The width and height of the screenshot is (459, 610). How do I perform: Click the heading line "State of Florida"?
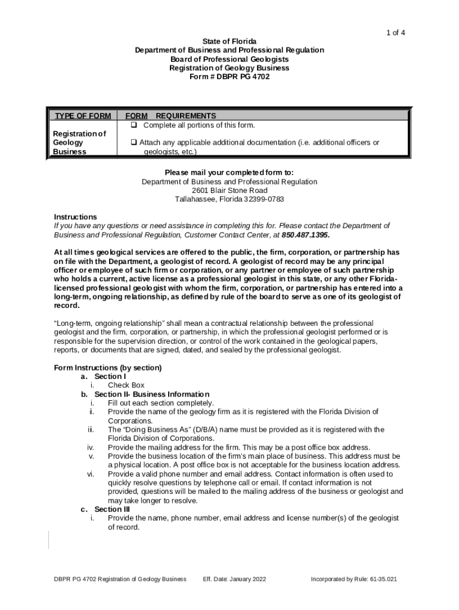pos(229,41)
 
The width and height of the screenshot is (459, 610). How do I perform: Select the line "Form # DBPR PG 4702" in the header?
pos(229,77)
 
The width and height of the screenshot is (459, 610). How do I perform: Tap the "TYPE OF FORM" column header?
pos(83,116)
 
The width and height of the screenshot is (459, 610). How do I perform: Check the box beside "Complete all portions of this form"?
pos(134,125)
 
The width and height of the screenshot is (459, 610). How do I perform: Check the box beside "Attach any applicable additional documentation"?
pos(134,143)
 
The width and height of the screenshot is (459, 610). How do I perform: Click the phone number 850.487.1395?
pos(305,235)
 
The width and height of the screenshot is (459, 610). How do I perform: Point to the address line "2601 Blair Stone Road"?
pos(229,191)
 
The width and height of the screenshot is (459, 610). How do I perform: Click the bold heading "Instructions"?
pos(75,217)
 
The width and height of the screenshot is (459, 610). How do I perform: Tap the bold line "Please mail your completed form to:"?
pos(229,173)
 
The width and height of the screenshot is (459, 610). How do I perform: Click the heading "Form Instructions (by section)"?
pos(108,368)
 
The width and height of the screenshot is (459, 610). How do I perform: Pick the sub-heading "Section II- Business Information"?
pos(151,394)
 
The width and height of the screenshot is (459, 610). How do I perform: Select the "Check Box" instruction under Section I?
pos(126,385)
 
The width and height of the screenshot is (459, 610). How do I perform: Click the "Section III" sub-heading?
pos(112,509)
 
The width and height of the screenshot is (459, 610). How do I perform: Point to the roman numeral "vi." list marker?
pos(91,474)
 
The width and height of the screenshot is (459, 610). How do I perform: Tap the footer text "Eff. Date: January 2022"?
pos(234,578)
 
